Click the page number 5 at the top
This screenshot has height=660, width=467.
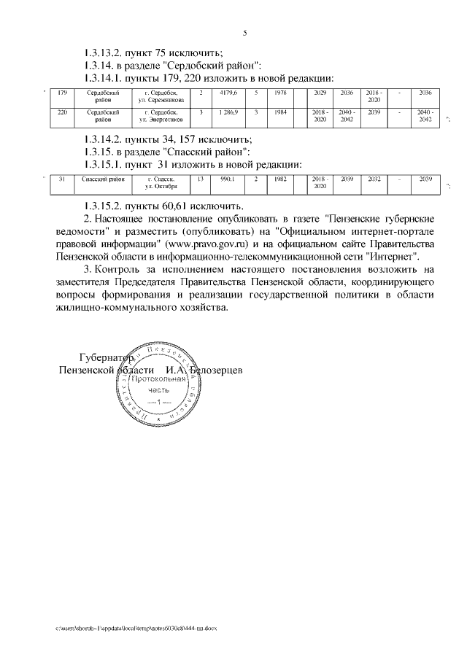[x=244, y=32]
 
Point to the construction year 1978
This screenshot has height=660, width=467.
[x=280, y=94]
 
